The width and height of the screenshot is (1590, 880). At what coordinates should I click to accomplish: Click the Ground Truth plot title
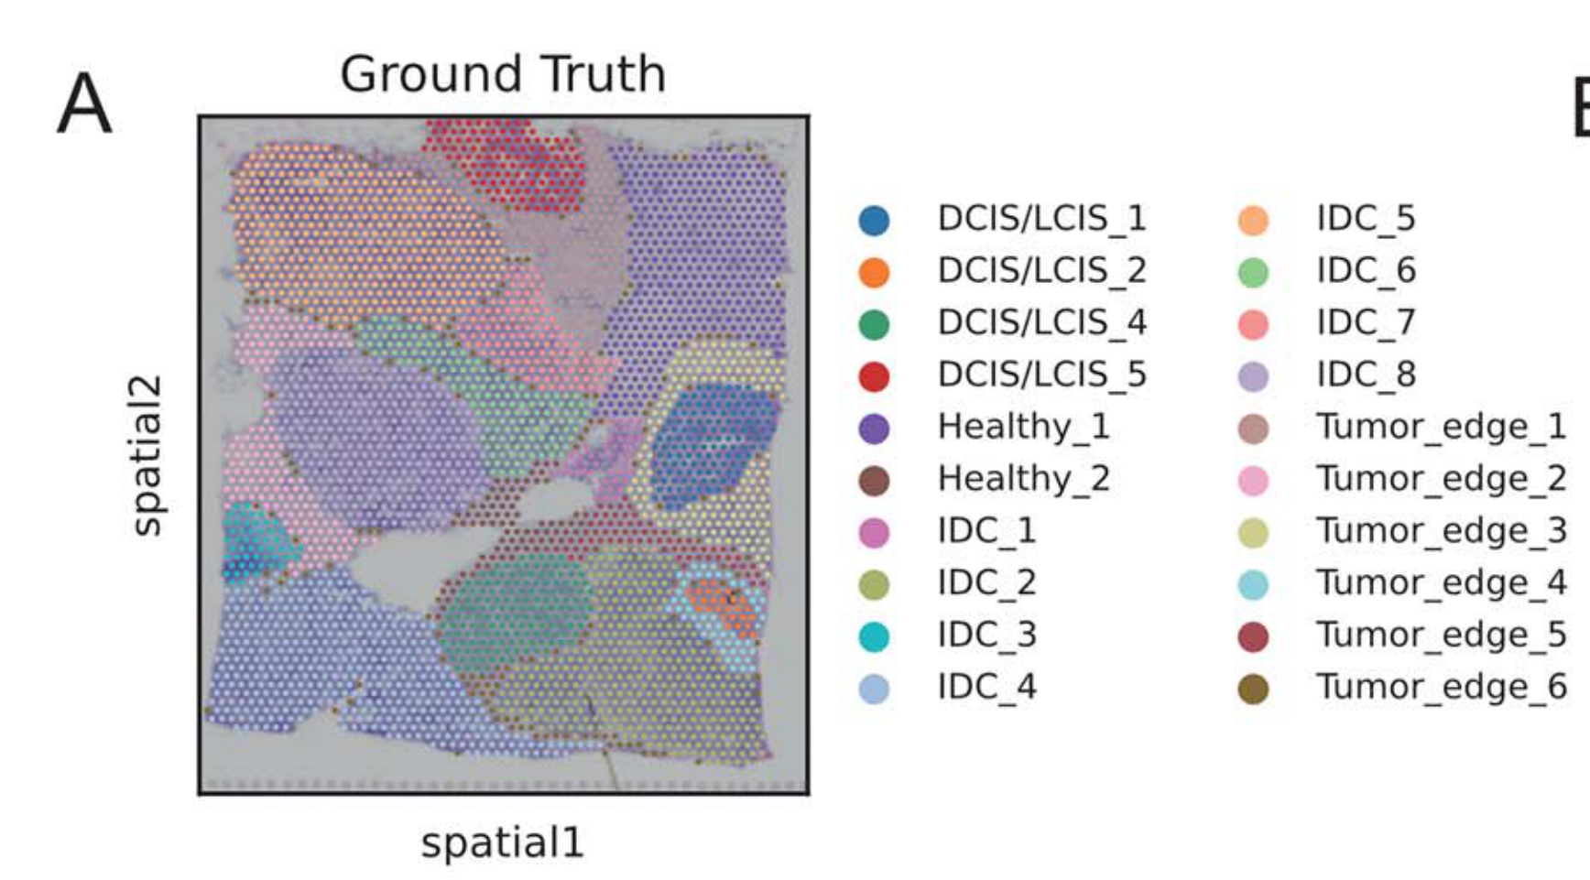pos(503,73)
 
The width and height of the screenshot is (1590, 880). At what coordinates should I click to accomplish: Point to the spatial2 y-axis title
pos(147,455)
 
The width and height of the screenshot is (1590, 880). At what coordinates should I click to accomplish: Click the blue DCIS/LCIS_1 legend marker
pos(874,221)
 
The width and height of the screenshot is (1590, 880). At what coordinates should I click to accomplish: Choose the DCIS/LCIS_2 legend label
pos(1042,271)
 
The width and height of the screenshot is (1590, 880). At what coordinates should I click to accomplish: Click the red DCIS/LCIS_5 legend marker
pos(874,376)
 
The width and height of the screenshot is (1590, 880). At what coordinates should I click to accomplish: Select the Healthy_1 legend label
pos(1024,428)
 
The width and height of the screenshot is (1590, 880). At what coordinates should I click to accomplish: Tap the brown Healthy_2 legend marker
pos(874,481)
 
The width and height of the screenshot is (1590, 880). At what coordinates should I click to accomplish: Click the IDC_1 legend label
pos(987,531)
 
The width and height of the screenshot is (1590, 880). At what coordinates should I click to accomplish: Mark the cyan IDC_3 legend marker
pos(874,636)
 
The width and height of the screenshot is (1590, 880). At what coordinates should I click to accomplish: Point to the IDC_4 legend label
pos(987,688)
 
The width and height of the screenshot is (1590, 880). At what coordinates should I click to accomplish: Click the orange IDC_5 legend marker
pos(1253,221)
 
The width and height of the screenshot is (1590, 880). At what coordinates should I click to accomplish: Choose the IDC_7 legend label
pos(1367,322)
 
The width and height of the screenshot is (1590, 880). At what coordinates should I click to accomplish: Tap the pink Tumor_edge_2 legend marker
pos(1253,481)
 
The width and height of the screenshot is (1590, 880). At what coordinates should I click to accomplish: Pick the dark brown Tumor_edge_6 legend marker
pos(1253,689)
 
